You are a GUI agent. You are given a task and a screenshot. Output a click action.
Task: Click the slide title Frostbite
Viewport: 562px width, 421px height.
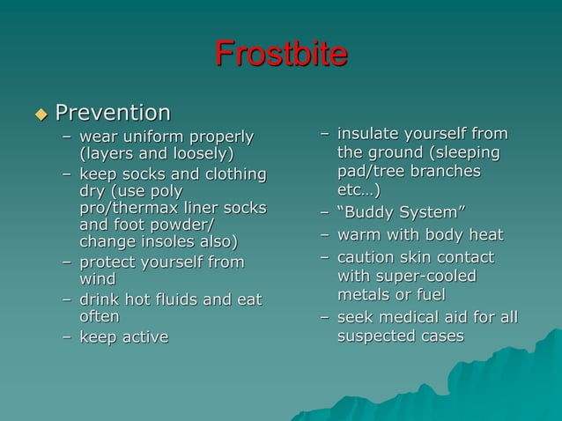coord(281,55)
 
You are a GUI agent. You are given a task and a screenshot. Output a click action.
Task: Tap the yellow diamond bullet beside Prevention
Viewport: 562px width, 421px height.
coord(40,114)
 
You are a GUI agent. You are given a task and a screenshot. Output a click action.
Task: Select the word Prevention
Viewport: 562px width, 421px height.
coord(113,113)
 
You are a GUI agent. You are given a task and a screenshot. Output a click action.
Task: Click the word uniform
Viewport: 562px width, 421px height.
coord(151,137)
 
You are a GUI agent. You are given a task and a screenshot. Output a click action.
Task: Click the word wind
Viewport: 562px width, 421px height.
coord(97,279)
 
